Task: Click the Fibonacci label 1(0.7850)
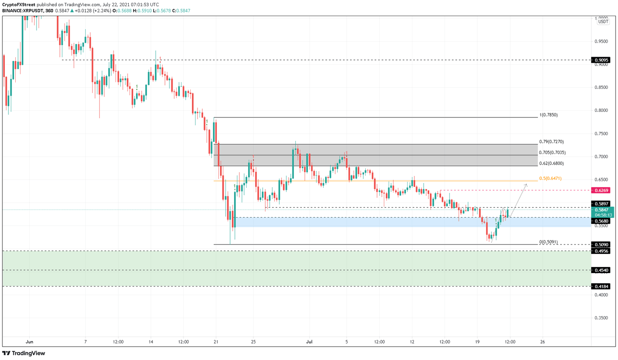point(548,115)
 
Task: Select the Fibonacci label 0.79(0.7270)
point(551,142)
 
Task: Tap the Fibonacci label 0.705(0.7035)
point(552,153)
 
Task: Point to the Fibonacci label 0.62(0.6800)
point(551,164)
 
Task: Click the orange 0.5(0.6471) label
point(550,179)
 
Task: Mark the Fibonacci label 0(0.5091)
point(548,242)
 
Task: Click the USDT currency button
point(603,22)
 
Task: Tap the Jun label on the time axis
point(29,342)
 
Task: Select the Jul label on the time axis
point(309,342)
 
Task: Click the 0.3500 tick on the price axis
point(601,318)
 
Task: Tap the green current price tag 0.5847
point(602,210)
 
